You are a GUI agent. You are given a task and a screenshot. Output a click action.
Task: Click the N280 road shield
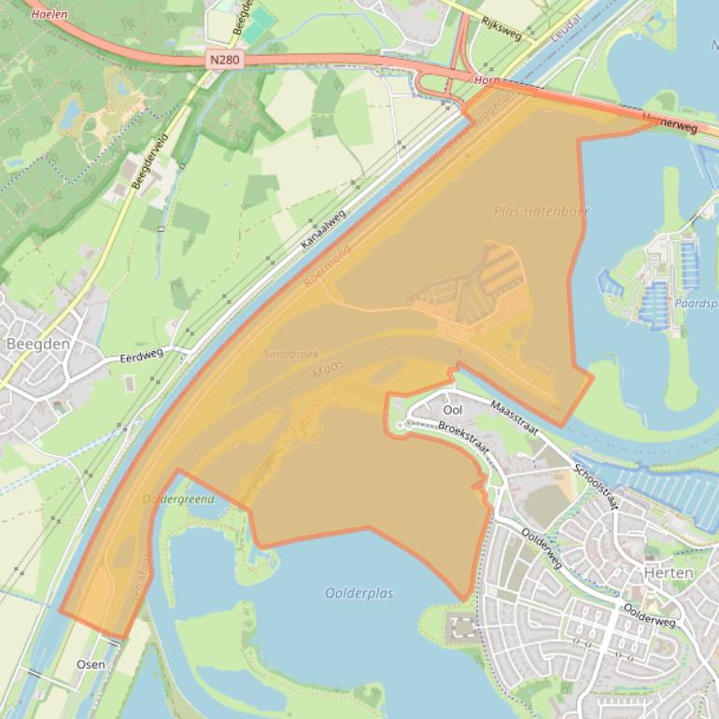pyautogui.click(x=224, y=60)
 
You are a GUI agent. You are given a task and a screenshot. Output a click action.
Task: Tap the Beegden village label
pyautogui.click(x=38, y=344)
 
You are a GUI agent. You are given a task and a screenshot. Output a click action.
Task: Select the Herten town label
pyautogui.click(x=669, y=572)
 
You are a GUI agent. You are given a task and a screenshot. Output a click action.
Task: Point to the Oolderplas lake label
pyautogui.click(x=359, y=593)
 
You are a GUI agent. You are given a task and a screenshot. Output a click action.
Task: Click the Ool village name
pyautogui.click(x=453, y=410)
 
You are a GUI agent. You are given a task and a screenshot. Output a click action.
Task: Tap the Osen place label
pyautogui.click(x=91, y=664)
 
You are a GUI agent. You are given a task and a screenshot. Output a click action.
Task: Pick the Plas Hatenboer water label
pyautogui.click(x=542, y=212)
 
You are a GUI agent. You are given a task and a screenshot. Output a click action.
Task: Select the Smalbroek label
pyautogui.click(x=290, y=355)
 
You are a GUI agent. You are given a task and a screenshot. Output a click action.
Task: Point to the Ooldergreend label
pyautogui.click(x=178, y=500)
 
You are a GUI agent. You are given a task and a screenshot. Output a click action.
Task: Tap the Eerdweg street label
pyautogui.click(x=141, y=355)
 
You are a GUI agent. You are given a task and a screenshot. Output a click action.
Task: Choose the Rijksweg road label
pyautogui.click(x=501, y=30)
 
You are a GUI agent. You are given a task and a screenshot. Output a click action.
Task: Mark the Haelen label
pyautogui.click(x=49, y=15)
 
